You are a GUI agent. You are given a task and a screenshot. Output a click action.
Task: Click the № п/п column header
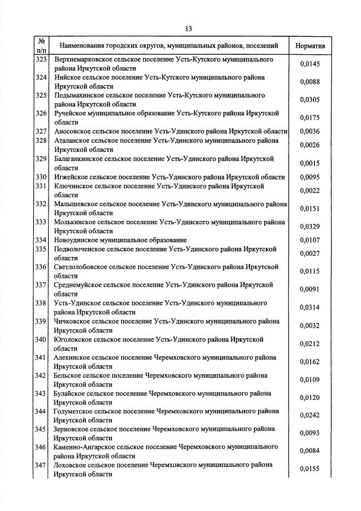[41, 45]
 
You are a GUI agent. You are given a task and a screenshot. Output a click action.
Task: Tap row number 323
[41, 59]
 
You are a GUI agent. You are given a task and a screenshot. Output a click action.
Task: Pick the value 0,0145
[310, 63]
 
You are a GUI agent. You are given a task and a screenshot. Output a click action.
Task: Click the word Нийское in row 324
[67, 77]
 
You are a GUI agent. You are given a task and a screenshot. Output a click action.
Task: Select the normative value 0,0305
[310, 99]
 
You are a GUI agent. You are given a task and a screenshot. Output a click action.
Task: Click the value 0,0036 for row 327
[310, 132]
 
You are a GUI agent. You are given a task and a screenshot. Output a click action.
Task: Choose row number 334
[41, 240]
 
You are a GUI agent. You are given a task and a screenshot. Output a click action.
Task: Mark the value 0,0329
[310, 226]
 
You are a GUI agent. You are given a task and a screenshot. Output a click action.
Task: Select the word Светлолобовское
[82, 267]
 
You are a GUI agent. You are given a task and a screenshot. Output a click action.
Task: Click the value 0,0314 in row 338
[310, 307]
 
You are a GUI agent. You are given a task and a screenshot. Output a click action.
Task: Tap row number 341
[41, 357]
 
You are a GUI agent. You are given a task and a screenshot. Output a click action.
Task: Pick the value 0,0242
[310, 416]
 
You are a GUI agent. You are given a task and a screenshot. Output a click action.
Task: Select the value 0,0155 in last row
[310, 469]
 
